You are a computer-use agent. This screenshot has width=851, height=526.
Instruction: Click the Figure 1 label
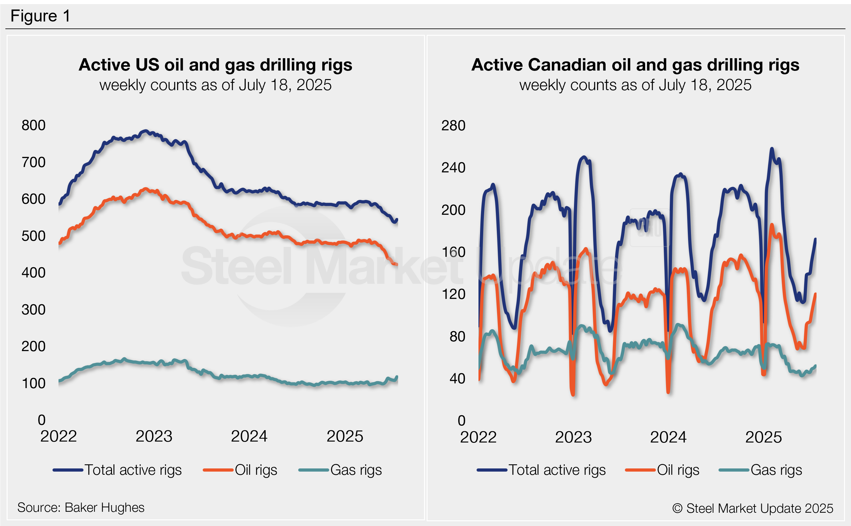click(x=40, y=16)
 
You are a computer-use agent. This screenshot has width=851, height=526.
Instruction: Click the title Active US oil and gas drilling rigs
click(x=215, y=65)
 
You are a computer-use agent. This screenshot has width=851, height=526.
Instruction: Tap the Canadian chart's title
click(x=635, y=65)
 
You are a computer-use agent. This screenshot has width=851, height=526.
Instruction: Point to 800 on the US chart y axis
click(x=34, y=125)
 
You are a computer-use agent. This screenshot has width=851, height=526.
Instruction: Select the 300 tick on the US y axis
click(x=34, y=309)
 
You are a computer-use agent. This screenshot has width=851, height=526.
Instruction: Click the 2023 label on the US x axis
click(x=154, y=436)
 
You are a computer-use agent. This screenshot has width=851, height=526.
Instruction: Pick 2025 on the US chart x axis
click(x=345, y=436)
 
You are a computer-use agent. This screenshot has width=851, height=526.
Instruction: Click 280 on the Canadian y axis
click(x=453, y=126)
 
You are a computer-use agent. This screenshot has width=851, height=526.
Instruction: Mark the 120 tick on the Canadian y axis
click(x=453, y=294)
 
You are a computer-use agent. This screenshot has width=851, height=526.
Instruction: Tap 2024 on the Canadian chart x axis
click(x=668, y=437)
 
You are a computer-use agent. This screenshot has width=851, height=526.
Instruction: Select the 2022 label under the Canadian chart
click(x=478, y=437)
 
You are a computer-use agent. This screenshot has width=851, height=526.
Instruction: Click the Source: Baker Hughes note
click(x=81, y=508)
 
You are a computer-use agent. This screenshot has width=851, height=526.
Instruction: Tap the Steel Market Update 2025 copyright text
click(x=753, y=508)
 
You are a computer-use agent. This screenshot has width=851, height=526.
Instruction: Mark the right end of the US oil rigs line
click(x=397, y=265)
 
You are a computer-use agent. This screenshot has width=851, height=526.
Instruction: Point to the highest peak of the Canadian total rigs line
click(x=772, y=149)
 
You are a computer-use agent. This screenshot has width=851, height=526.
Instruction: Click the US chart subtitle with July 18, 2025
click(x=215, y=85)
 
